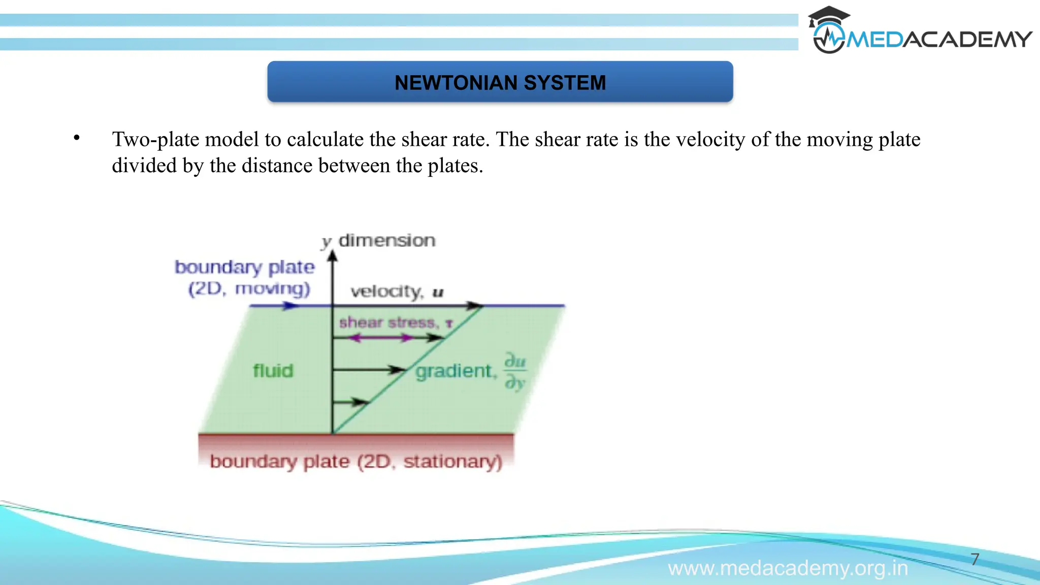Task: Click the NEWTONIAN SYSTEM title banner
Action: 500,82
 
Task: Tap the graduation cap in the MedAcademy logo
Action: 828,16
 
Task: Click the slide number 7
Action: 975,559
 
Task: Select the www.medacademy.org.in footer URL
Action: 788,568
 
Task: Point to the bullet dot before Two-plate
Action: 77,138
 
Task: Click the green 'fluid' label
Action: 273,371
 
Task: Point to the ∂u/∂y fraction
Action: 515,372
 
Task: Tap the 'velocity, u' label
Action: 397,291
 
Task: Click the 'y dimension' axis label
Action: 378,240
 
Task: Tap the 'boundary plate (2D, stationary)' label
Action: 355,461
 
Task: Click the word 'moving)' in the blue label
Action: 272,288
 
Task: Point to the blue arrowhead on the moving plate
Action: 290,306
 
